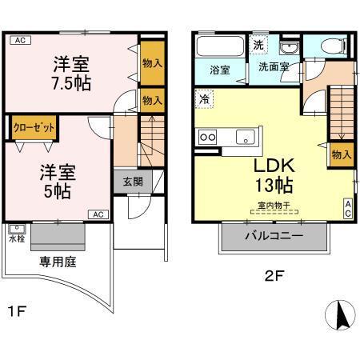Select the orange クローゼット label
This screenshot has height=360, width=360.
33,126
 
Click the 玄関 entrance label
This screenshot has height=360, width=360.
131,181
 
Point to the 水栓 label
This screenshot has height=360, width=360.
17,238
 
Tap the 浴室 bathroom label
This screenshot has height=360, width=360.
221,69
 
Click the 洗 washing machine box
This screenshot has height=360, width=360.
259,44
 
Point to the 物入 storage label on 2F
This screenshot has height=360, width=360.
340,154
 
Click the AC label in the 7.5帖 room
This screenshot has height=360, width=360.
20,40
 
